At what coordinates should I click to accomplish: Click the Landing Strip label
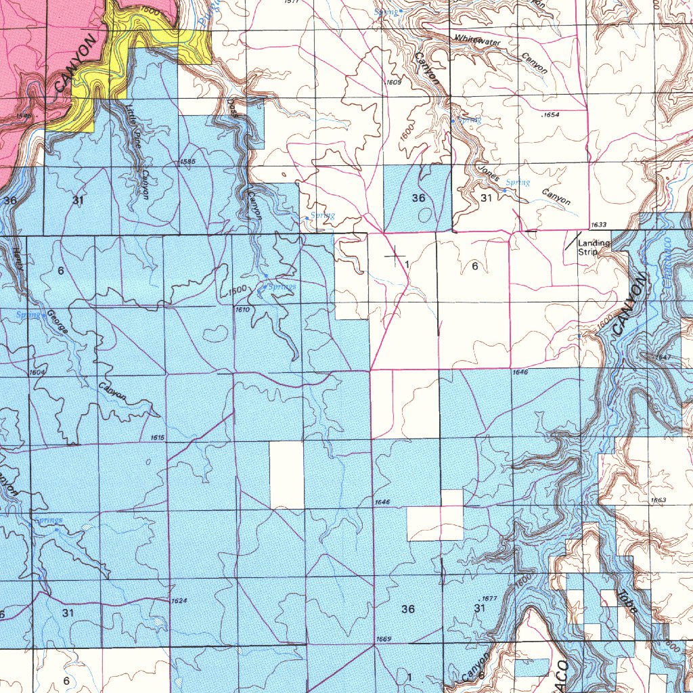(594, 248)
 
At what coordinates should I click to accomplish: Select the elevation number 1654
(552, 116)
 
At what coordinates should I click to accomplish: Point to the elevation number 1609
(394, 82)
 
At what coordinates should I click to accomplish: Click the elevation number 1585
(187, 162)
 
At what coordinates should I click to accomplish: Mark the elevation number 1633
(598, 225)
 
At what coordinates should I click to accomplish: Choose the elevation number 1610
(242, 309)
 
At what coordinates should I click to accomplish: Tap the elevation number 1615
(157, 438)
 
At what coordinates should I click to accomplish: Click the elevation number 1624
(179, 601)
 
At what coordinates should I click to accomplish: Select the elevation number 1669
(383, 639)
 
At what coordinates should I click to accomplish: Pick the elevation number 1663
(658, 500)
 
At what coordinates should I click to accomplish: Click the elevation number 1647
(663, 357)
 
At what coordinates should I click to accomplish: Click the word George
(57, 321)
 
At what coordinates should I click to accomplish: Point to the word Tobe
(628, 603)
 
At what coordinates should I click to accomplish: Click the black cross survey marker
(393, 256)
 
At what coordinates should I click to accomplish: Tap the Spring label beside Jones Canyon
(518, 183)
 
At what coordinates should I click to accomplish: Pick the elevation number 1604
(37, 373)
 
